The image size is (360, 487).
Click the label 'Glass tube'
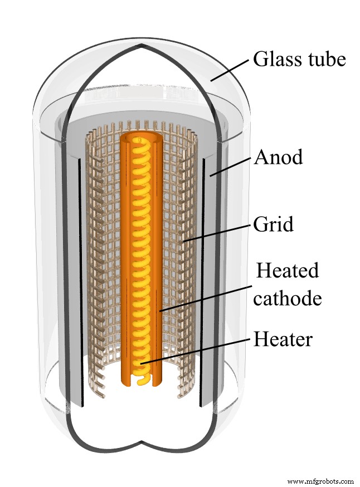[x=299, y=59]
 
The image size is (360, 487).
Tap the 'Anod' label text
[x=278, y=157]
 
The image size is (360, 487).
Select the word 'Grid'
[x=273, y=226]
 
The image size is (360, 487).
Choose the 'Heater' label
[x=283, y=338]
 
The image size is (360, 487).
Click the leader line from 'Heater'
[x=195, y=349]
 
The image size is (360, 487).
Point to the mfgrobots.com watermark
[x=320, y=480]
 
